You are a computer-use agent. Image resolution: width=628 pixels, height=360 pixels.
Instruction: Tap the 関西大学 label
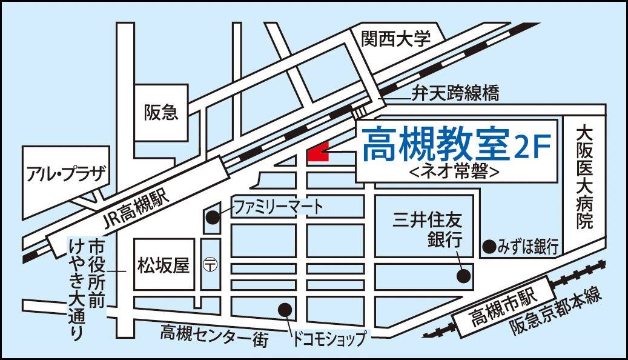point(396,39)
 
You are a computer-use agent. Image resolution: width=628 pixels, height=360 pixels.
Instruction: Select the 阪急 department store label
point(161,112)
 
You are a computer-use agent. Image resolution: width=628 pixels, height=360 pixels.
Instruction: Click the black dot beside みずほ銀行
point(488,246)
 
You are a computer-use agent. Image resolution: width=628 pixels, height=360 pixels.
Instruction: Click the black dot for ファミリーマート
point(213,216)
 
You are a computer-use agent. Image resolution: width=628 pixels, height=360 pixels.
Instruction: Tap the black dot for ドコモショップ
point(284,309)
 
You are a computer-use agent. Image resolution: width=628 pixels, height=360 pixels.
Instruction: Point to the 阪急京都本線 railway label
point(554,312)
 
